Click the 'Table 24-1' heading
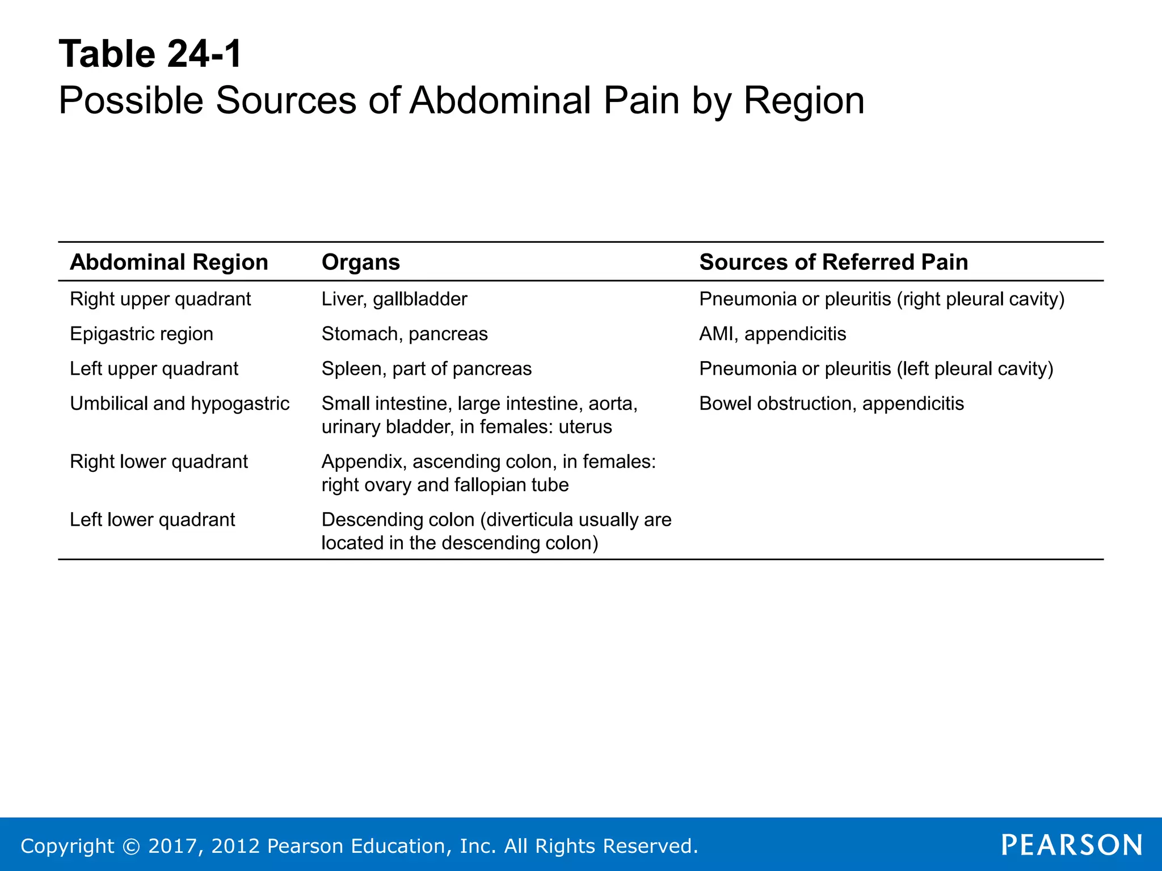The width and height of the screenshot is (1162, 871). (x=150, y=54)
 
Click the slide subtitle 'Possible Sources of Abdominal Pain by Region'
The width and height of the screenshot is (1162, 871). (x=461, y=101)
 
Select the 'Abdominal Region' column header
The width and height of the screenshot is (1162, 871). (x=169, y=262)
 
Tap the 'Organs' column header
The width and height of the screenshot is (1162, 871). (x=360, y=262)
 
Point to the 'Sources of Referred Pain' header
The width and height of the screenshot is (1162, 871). (x=833, y=262)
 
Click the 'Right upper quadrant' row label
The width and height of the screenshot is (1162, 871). (x=160, y=299)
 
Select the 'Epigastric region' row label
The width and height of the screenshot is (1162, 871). (x=141, y=334)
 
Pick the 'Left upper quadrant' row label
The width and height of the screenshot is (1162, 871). (x=154, y=369)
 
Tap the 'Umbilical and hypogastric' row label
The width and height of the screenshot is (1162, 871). (x=179, y=404)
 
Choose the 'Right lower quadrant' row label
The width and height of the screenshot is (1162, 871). (x=158, y=462)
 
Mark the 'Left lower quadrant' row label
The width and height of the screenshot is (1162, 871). (x=152, y=519)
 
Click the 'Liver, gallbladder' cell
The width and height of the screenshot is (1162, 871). (x=394, y=299)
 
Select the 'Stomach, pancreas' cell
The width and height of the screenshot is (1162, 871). (x=405, y=334)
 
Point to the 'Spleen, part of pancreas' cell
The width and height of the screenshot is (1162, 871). (x=427, y=369)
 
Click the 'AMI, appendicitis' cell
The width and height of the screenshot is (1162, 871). (x=772, y=334)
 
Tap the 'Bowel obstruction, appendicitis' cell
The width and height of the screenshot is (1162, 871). (x=831, y=404)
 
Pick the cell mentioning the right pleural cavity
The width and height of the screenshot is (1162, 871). (x=882, y=299)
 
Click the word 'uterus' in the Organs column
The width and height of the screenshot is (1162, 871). (x=585, y=427)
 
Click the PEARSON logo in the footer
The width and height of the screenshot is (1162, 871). (x=1072, y=845)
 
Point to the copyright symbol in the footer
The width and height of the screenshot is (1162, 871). (x=131, y=846)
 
